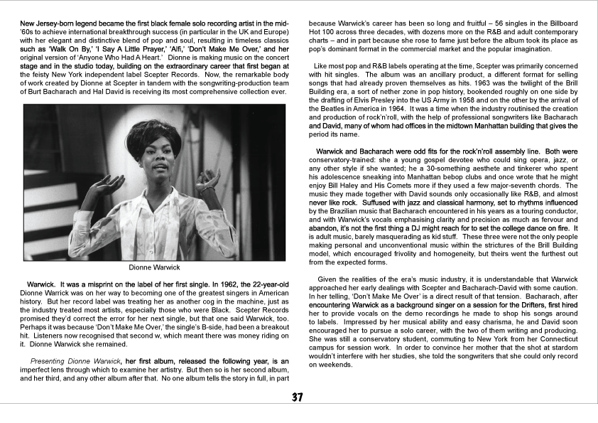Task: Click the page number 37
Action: pyautogui.click(x=298, y=397)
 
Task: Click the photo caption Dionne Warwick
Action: pyautogui.click(x=154, y=268)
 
